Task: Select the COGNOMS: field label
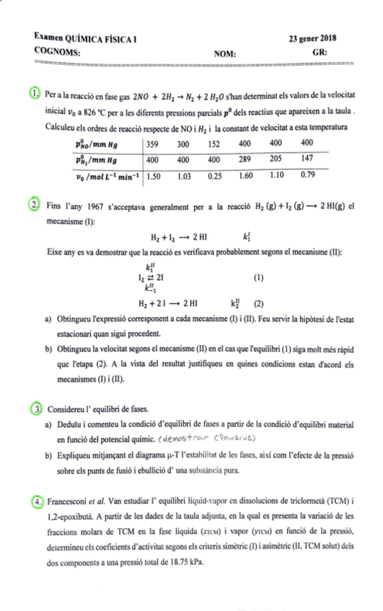click(x=57, y=52)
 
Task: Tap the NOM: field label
click(x=225, y=53)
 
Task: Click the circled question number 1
click(x=35, y=94)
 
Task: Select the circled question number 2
click(x=35, y=205)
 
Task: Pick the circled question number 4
click(x=35, y=500)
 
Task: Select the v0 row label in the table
click(x=106, y=175)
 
